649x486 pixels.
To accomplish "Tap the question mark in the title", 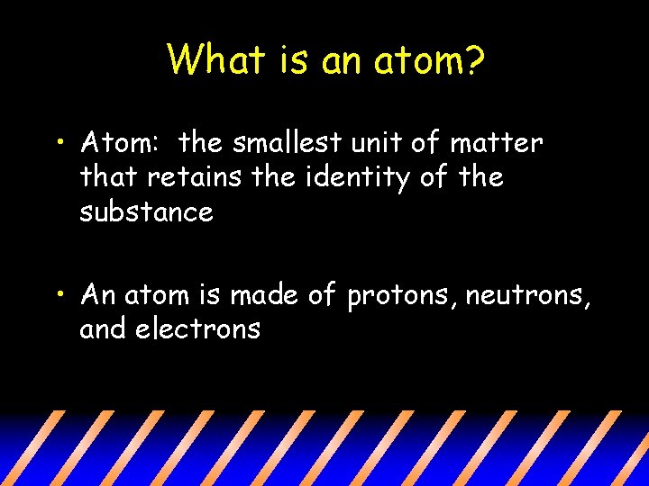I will [x=475, y=60].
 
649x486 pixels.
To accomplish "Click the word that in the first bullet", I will [x=108, y=177].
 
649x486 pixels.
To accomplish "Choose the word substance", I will [x=146, y=212].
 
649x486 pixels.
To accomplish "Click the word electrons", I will [x=197, y=329].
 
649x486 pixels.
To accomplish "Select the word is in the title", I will [x=286, y=60].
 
